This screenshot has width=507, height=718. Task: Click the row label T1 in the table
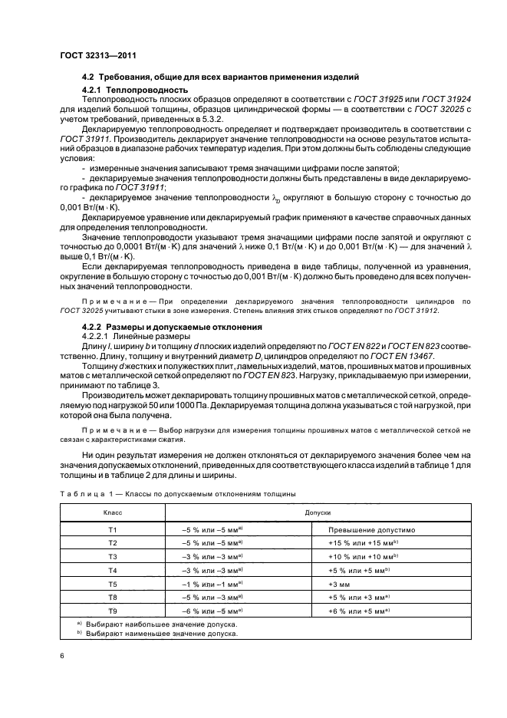coord(112,529)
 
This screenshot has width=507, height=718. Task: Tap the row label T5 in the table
coord(112,583)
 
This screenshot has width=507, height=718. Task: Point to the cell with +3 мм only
coord(340,583)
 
